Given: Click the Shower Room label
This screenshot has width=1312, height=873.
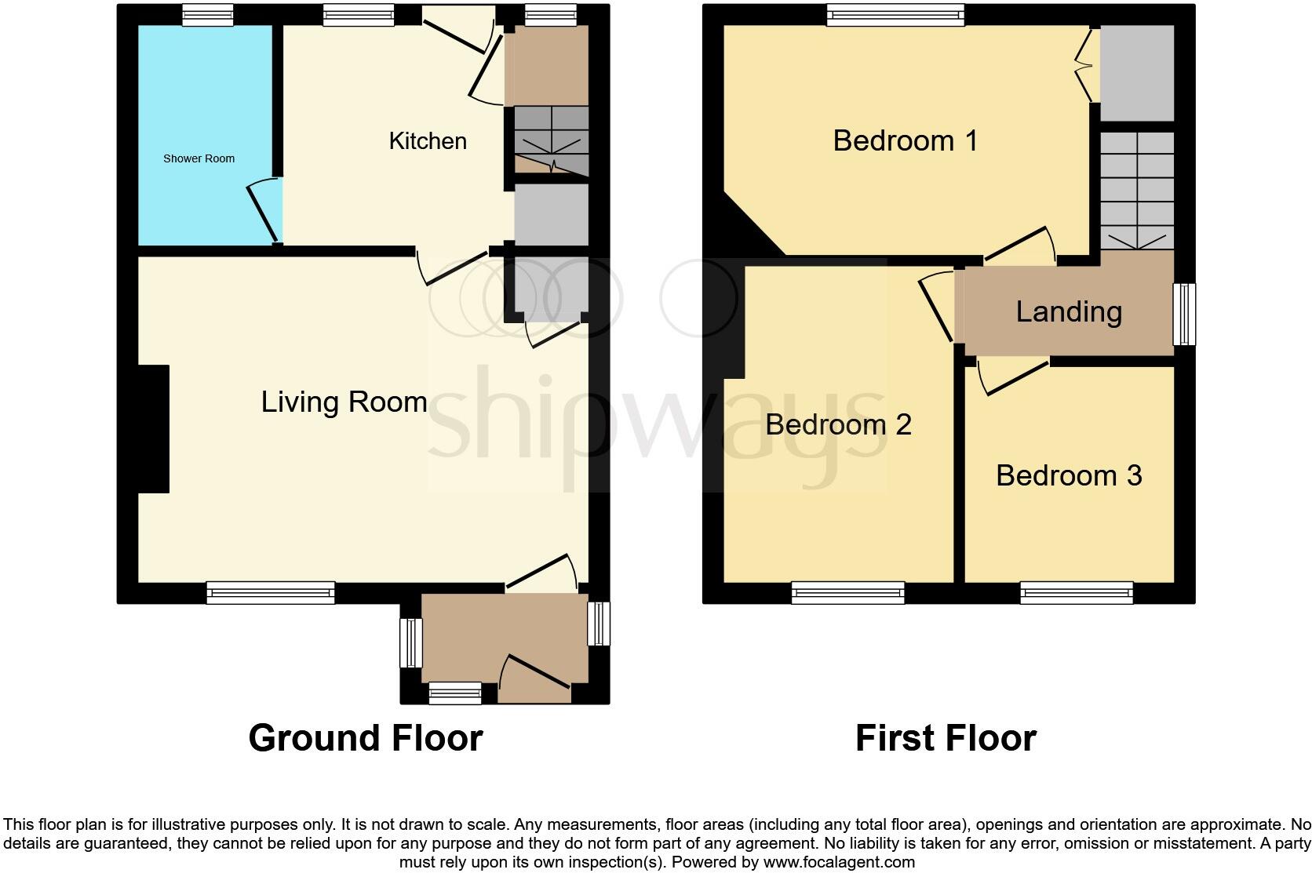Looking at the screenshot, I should [199, 158].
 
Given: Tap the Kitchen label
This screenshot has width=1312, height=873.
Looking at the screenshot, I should [428, 141].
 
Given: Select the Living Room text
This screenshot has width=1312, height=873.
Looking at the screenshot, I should [344, 402].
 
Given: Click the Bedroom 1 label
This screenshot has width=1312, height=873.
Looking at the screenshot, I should [905, 141].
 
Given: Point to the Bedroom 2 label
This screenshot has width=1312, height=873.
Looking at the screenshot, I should [838, 424].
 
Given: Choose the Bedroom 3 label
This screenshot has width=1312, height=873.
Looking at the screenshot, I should [1069, 475].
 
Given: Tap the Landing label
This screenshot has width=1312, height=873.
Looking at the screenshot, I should [1069, 312].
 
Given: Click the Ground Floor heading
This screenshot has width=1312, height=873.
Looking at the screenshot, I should [365, 738].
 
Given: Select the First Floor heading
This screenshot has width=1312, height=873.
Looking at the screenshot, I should [946, 738].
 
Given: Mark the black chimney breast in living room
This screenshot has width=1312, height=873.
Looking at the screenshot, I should [154, 429].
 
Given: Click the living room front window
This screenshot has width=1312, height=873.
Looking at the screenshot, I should [271, 593].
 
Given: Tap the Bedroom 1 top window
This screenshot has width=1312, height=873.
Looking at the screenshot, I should [895, 14].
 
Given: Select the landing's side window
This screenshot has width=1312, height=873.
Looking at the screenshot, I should [1184, 315].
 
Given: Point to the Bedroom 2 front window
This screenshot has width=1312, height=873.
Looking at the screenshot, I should [847, 593].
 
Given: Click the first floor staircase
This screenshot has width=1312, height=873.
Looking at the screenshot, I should [1136, 191].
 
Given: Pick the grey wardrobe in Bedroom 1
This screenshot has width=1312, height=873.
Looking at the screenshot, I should [1136, 72].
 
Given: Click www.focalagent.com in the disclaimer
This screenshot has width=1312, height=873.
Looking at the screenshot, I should [838, 862].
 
